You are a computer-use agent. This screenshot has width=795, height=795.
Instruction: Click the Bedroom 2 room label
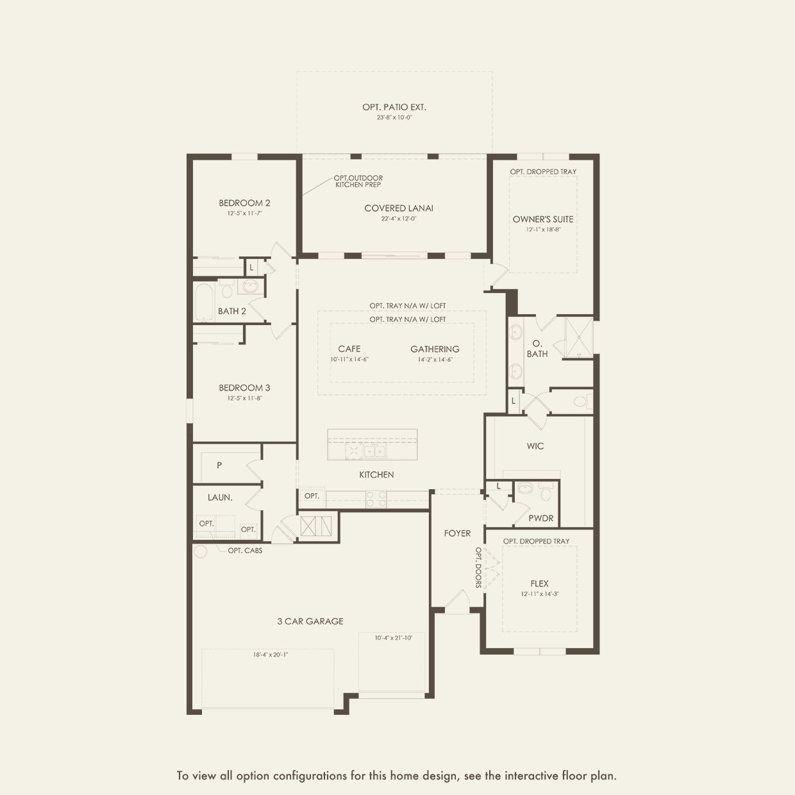(x=244, y=203)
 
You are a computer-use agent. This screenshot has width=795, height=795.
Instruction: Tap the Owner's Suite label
(x=543, y=219)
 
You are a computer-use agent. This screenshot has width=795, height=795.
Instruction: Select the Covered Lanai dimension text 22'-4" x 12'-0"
(x=399, y=219)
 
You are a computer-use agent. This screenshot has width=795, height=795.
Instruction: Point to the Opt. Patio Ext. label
(x=394, y=107)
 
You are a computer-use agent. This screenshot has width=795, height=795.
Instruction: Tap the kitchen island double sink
(x=374, y=451)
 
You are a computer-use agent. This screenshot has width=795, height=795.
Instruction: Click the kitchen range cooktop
(x=376, y=498)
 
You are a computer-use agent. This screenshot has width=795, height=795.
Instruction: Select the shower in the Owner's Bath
(x=579, y=338)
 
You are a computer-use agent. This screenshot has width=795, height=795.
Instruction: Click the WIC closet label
(x=535, y=446)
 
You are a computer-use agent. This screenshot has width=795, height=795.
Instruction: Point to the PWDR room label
(x=541, y=518)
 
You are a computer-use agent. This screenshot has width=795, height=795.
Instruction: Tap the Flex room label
(x=539, y=583)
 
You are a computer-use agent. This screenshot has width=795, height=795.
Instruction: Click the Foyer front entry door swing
(x=456, y=601)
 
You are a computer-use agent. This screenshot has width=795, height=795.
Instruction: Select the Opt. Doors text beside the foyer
(x=478, y=567)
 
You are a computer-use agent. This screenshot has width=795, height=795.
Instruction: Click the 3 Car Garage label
(x=310, y=621)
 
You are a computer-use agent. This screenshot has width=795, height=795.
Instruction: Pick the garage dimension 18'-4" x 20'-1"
(x=271, y=655)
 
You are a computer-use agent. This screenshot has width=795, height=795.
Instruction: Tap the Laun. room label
(x=220, y=497)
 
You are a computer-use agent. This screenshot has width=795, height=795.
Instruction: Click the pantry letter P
(x=219, y=465)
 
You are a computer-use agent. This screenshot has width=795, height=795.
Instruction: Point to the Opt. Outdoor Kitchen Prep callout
(x=358, y=181)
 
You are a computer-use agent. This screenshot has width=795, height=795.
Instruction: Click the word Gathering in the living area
(x=435, y=349)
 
